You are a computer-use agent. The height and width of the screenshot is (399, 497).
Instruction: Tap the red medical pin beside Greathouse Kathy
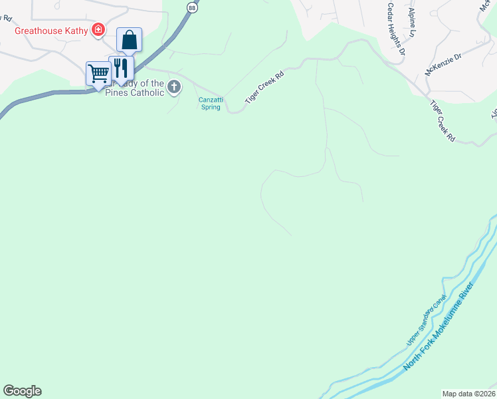click(x=98, y=29)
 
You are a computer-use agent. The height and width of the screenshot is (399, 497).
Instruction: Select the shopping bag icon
click(x=129, y=40)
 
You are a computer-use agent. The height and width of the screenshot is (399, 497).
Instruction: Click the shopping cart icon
click(x=98, y=72)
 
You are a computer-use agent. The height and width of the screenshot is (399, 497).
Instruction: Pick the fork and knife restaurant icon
click(x=121, y=68)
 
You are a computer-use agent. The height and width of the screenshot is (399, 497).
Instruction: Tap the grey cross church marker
click(x=174, y=86)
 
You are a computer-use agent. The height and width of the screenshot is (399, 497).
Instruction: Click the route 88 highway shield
click(x=191, y=7)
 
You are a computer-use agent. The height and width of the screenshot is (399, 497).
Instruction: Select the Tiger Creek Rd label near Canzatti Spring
click(x=264, y=86)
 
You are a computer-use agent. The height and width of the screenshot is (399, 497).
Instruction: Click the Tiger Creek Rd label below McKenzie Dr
click(x=443, y=121)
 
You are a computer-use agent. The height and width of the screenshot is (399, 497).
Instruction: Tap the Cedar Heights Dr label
click(x=396, y=26)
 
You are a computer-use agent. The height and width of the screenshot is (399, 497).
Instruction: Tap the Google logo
click(x=22, y=391)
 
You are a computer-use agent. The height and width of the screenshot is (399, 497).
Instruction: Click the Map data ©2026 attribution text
click(x=468, y=393)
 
